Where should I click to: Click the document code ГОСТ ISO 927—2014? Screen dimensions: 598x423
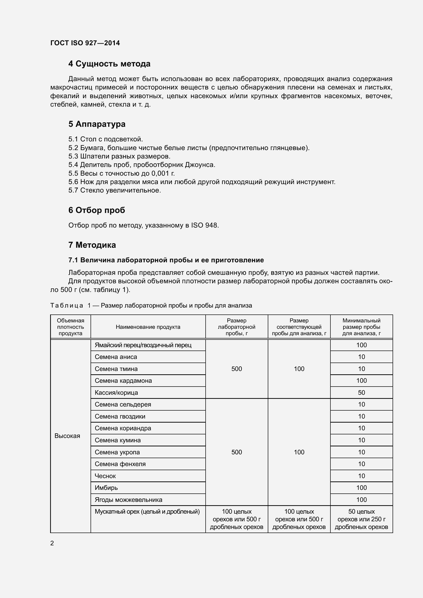(85, 43)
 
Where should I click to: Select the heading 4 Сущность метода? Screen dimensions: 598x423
(109, 64)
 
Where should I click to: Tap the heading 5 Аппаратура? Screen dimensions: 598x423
(97, 124)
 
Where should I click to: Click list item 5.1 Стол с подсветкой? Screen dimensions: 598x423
(105, 139)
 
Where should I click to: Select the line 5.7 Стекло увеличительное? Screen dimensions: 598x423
(115, 190)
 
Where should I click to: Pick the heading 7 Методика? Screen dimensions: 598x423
(92, 245)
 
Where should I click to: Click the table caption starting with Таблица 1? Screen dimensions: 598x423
(151, 306)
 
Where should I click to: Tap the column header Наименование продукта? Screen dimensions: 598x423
(148, 327)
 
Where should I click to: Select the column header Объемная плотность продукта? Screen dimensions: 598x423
(70, 327)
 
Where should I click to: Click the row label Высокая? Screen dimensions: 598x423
(67, 436)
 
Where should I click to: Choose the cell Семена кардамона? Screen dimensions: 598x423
(123, 381)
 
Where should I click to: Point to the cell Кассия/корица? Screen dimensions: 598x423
(116, 393)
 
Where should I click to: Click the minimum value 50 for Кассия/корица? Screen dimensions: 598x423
(361, 393)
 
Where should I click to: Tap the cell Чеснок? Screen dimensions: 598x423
(105, 476)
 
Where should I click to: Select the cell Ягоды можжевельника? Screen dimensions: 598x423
(128, 500)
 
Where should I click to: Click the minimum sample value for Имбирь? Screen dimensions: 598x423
(361, 488)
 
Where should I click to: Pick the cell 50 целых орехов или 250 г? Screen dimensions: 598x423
(361, 519)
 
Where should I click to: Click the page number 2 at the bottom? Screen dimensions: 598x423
(52, 543)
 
